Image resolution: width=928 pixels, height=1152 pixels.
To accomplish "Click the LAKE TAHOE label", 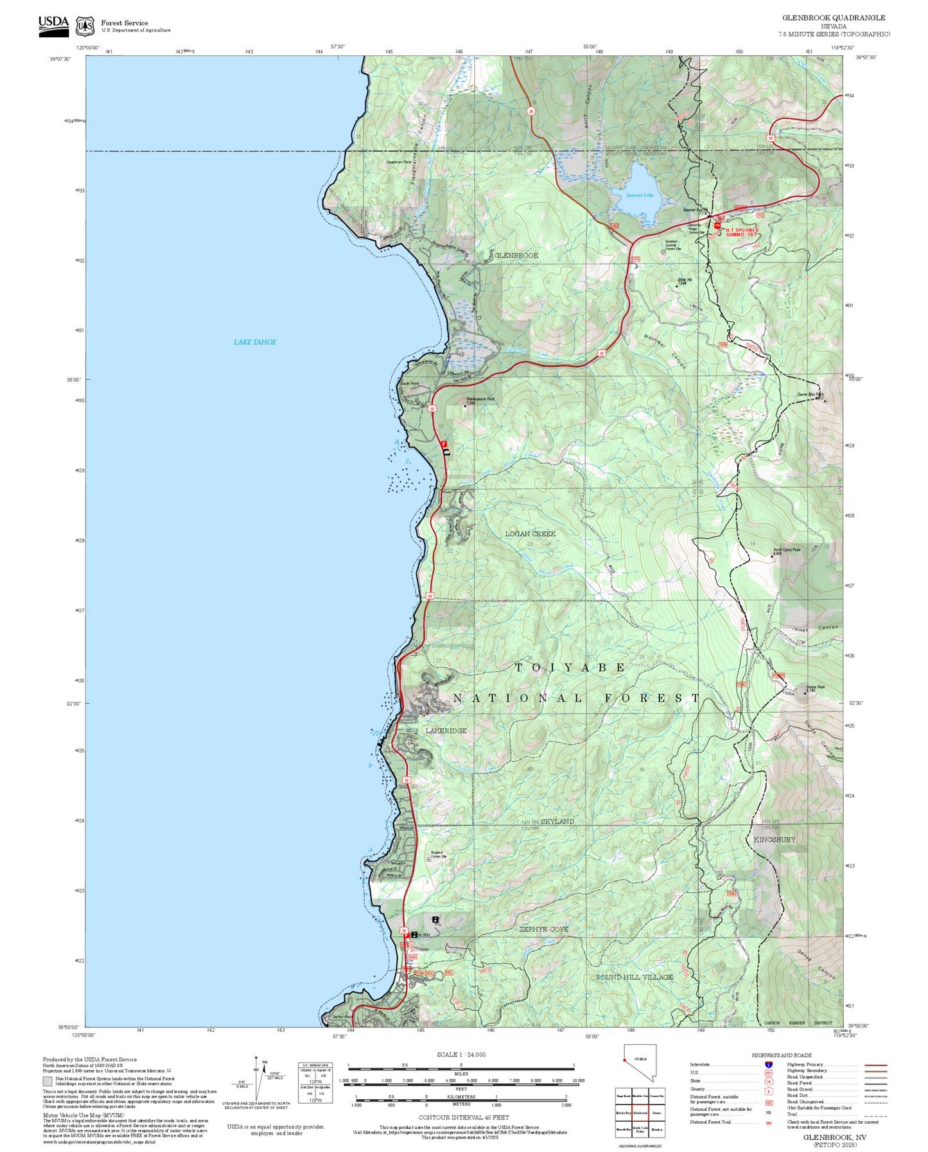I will click(255, 342).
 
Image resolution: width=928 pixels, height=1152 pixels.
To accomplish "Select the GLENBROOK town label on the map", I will click(516, 256).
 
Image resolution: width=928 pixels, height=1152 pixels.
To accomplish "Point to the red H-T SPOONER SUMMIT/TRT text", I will click(737, 232).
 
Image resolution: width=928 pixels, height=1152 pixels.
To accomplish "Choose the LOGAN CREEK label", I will click(530, 534).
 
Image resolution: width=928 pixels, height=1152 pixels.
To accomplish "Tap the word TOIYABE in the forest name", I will click(570, 668).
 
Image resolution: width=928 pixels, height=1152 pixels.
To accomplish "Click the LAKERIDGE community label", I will click(446, 731).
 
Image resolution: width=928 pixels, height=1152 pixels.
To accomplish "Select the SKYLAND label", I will click(557, 821).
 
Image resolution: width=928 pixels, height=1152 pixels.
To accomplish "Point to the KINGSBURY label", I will click(774, 839).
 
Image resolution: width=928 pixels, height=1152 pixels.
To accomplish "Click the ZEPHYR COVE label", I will click(544, 929).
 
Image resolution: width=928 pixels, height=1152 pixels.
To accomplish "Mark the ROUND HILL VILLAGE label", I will click(634, 977).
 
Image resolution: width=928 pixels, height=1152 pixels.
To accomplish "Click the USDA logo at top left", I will click(53, 26).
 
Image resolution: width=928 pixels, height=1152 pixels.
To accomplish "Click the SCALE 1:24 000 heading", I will click(460, 1054).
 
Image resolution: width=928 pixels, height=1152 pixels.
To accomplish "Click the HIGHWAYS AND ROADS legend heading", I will click(781, 1055).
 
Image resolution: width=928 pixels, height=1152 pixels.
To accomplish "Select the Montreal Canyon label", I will click(665, 352).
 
